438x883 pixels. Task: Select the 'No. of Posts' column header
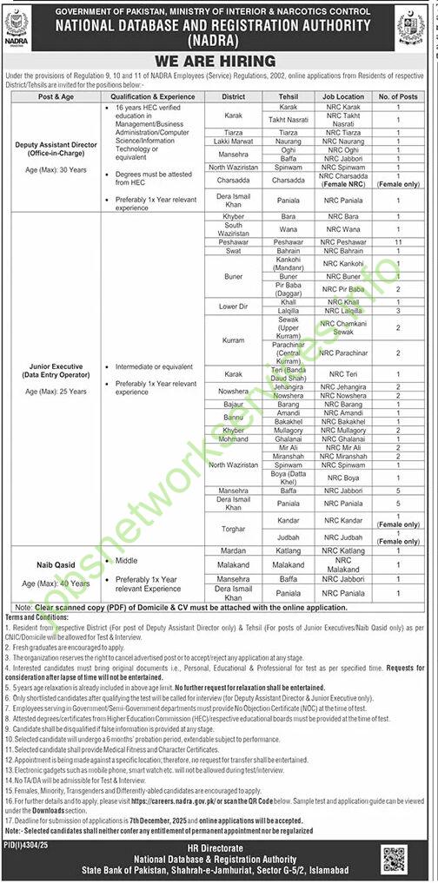point(398,97)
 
